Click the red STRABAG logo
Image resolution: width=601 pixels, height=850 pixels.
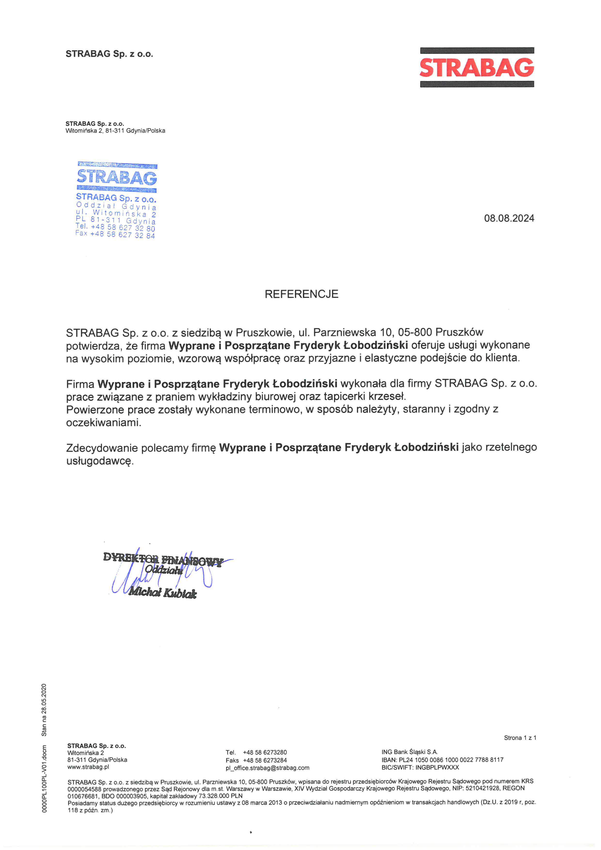477,67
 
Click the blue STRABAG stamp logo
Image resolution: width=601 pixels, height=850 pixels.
117,177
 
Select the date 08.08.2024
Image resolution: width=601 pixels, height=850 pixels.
509,218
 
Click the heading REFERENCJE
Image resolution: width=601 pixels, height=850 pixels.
301,294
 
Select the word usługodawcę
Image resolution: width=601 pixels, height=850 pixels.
100,461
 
